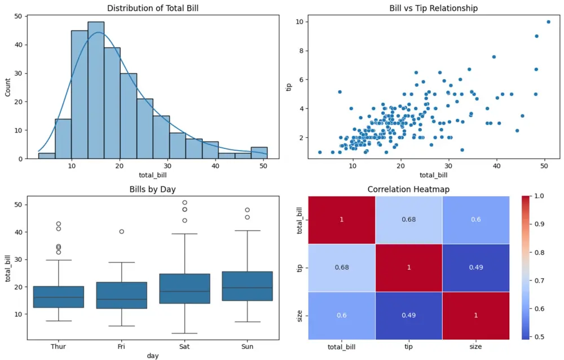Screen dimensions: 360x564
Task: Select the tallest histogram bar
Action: pos(96,90)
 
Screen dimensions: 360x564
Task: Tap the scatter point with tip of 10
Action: pos(548,22)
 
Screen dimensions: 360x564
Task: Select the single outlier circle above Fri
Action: pos(122,231)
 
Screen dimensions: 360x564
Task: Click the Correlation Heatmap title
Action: pos(408,189)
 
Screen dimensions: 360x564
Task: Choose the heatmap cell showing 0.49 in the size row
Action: pos(408,315)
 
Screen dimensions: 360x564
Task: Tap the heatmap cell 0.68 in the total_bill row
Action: pos(408,219)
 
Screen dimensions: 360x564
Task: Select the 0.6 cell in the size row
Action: pos(341,315)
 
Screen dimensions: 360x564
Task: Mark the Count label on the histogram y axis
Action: pos(8,87)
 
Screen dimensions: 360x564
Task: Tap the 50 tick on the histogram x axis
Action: pos(263,167)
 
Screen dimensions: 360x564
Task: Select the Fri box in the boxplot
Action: pos(122,295)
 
